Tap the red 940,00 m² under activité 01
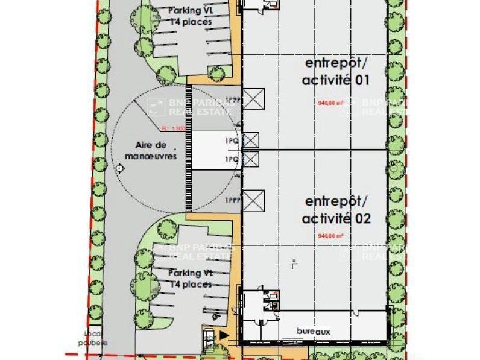(x=330, y=103)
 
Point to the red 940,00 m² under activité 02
(x=330, y=236)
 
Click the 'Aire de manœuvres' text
(x=151, y=151)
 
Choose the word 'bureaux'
(x=314, y=331)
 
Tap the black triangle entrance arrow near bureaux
(x=225, y=334)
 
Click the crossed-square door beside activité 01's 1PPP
(x=254, y=98)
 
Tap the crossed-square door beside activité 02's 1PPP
(x=254, y=199)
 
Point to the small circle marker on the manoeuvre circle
(x=119, y=169)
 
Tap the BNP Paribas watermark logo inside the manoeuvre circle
(x=156, y=107)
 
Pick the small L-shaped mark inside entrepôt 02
(x=293, y=263)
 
